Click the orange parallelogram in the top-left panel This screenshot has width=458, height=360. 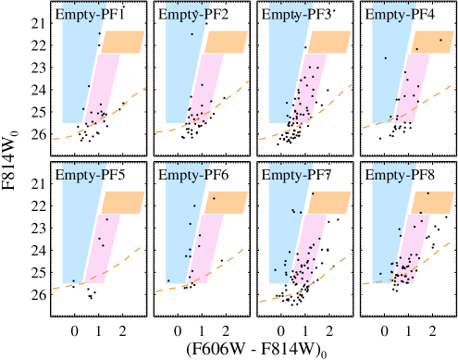coord(122,42)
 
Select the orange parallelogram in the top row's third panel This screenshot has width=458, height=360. coord(328,42)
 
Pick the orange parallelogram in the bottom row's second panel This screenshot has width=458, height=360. coord(226,202)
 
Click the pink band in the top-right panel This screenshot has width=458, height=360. coord(413,88)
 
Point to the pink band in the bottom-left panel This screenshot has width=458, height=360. coord(104,248)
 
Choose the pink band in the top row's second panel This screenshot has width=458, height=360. coord(206,88)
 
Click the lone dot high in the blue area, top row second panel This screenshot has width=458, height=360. coord(192,34)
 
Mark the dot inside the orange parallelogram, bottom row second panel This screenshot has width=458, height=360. coord(214,198)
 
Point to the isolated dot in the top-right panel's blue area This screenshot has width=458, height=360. coord(385,58)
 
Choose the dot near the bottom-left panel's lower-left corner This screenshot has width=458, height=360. coord(74,280)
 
